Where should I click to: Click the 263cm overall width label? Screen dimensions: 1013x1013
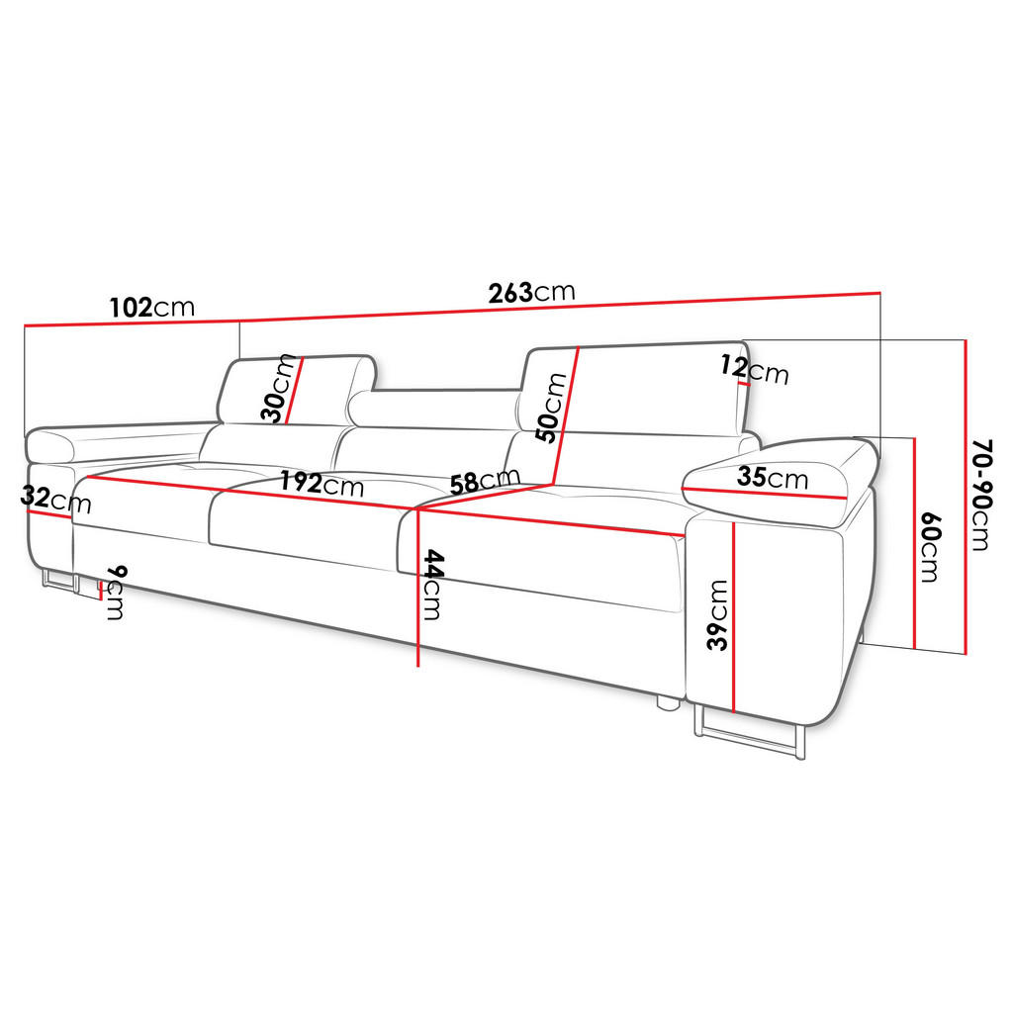(x=531, y=292)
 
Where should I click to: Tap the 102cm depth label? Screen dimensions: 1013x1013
(x=151, y=307)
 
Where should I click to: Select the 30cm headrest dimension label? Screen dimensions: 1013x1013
(x=281, y=389)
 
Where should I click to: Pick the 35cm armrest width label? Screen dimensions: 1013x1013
(x=773, y=479)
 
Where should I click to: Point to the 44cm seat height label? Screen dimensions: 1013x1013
(x=433, y=584)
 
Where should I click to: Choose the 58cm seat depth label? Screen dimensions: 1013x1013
(x=483, y=481)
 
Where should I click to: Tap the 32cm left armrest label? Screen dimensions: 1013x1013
(x=54, y=500)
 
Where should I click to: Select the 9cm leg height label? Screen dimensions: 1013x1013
(x=115, y=593)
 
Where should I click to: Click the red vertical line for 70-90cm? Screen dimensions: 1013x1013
(x=964, y=496)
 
